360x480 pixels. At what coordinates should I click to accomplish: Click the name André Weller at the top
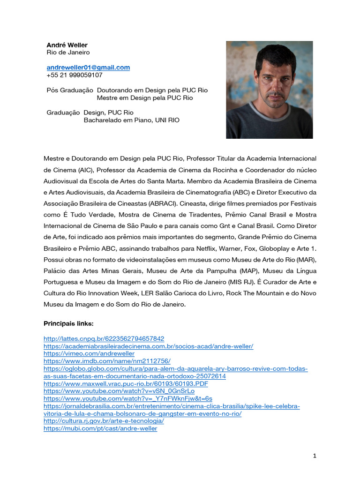(67, 45)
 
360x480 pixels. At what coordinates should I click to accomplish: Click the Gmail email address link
(88, 67)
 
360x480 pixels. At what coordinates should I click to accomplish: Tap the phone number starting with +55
(75, 75)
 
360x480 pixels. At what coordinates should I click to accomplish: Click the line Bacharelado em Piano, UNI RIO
(131, 120)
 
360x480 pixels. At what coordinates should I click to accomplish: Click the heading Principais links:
(68, 323)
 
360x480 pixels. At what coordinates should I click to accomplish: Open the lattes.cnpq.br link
(104, 338)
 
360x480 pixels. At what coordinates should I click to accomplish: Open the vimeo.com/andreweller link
(89, 353)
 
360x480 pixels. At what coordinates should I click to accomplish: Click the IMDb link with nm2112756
(107, 361)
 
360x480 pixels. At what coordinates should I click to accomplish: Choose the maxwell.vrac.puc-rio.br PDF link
(126, 383)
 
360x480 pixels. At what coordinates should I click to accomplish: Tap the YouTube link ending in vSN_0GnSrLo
(119, 391)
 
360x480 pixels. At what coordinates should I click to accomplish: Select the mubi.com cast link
(100, 428)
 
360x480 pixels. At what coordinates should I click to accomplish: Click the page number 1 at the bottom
(315, 456)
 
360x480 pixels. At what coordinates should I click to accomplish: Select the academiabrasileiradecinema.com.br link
(148, 346)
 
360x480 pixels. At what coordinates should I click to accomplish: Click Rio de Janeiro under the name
(68, 52)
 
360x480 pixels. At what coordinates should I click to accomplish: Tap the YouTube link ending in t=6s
(127, 398)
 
